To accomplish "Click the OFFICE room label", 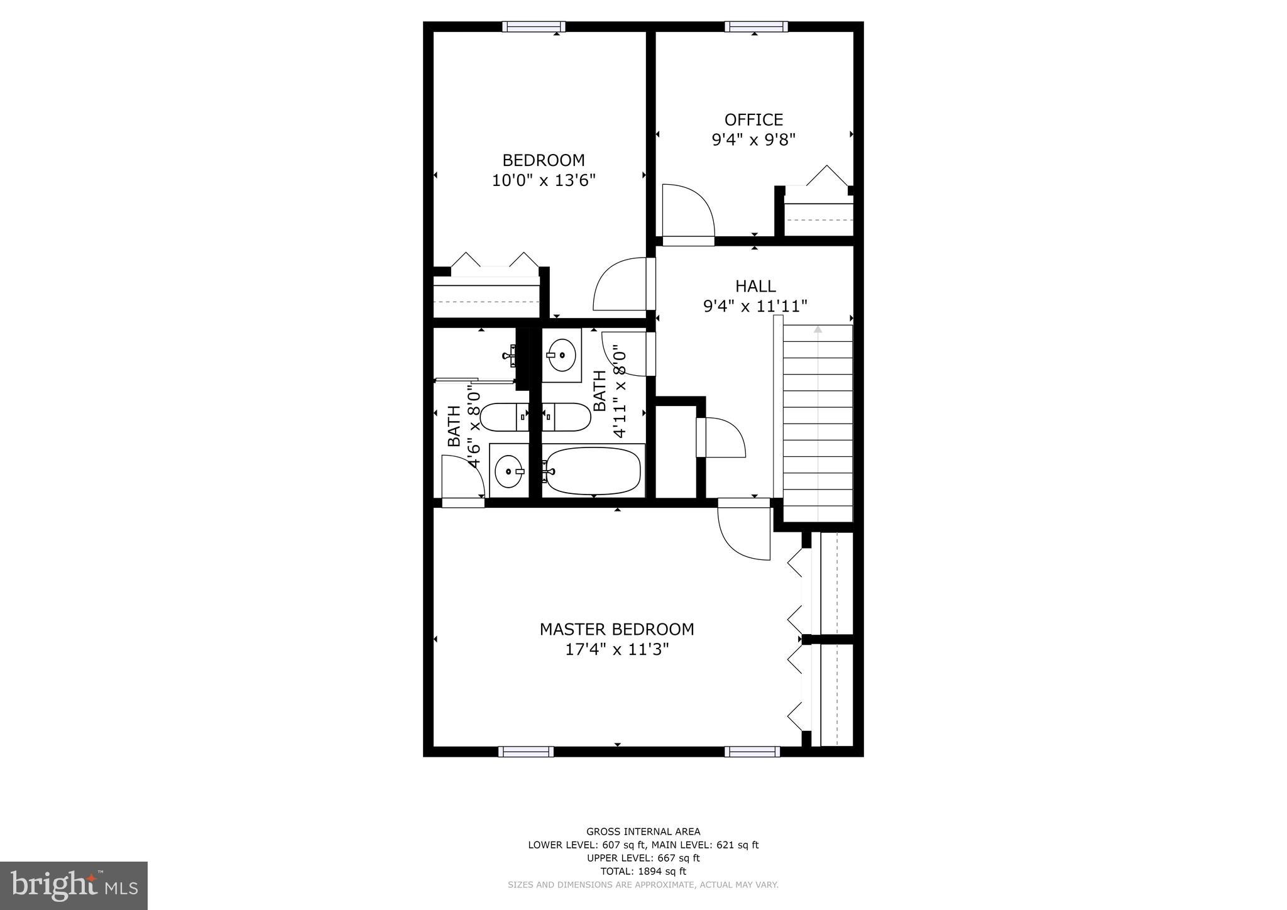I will [x=753, y=119].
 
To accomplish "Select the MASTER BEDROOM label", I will [x=616, y=629].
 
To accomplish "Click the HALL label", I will [x=755, y=286].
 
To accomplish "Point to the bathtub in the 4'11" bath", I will [x=593, y=471].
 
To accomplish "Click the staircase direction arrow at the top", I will [x=818, y=329].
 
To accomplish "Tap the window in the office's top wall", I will [x=755, y=26].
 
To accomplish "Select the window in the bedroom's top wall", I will [x=534, y=26].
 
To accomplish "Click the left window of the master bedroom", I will [x=526, y=752].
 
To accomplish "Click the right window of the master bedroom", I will [x=752, y=752].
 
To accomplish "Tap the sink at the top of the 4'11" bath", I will [x=561, y=356].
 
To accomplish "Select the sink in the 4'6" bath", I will [x=508, y=471].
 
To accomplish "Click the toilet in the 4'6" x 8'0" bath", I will [x=504, y=417].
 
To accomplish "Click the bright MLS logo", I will [x=74, y=886].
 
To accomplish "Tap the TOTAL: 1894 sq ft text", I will [x=643, y=871].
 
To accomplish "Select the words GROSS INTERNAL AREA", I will [x=643, y=831].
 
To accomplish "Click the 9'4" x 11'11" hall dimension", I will [x=755, y=306].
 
